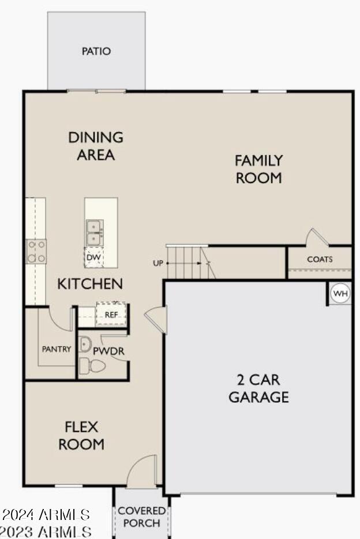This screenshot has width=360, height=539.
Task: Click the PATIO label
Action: click(x=96, y=51)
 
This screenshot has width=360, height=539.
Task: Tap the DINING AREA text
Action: click(x=96, y=146)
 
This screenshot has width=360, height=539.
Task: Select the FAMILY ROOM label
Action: click(x=258, y=169)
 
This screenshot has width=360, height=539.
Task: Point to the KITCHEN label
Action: click(x=89, y=284)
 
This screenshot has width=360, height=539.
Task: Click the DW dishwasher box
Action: click(x=93, y=257)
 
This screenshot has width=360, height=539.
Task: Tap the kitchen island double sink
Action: click(x=93, y=231)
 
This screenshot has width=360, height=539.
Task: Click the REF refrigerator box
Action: click(x=111, y=315)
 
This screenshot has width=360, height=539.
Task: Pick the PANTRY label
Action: click(x=57, y=349)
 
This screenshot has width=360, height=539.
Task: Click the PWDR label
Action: click(x=110, y=350)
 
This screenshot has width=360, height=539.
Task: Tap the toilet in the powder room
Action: click(x=92, y=366)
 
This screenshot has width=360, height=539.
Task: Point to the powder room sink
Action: click(x=84, y=344)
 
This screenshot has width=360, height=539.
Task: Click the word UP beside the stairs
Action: click(x=157, y=263)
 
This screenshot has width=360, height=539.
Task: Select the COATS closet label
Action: click(x=320, y=260)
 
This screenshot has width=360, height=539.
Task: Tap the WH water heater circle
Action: click(x=340, y=294)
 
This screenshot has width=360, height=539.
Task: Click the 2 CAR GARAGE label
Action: click(x=258, y=388)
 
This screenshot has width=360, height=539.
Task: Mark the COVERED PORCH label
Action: click(x=141, y=517)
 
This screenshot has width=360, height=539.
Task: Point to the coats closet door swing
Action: click(x=316, y=237)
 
